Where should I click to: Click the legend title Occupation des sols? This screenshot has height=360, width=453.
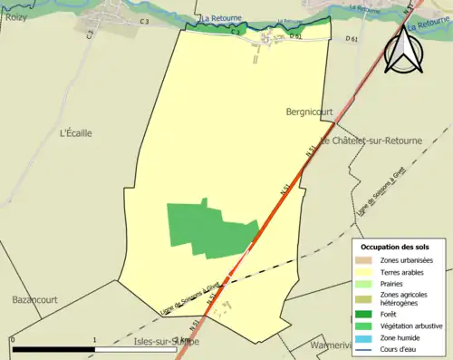(396, 247)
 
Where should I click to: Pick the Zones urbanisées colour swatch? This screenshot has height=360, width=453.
(366, 259)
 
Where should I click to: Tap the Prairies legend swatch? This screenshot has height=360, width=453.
(366, 283)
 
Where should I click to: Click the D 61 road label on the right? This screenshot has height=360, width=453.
(352, 39)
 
